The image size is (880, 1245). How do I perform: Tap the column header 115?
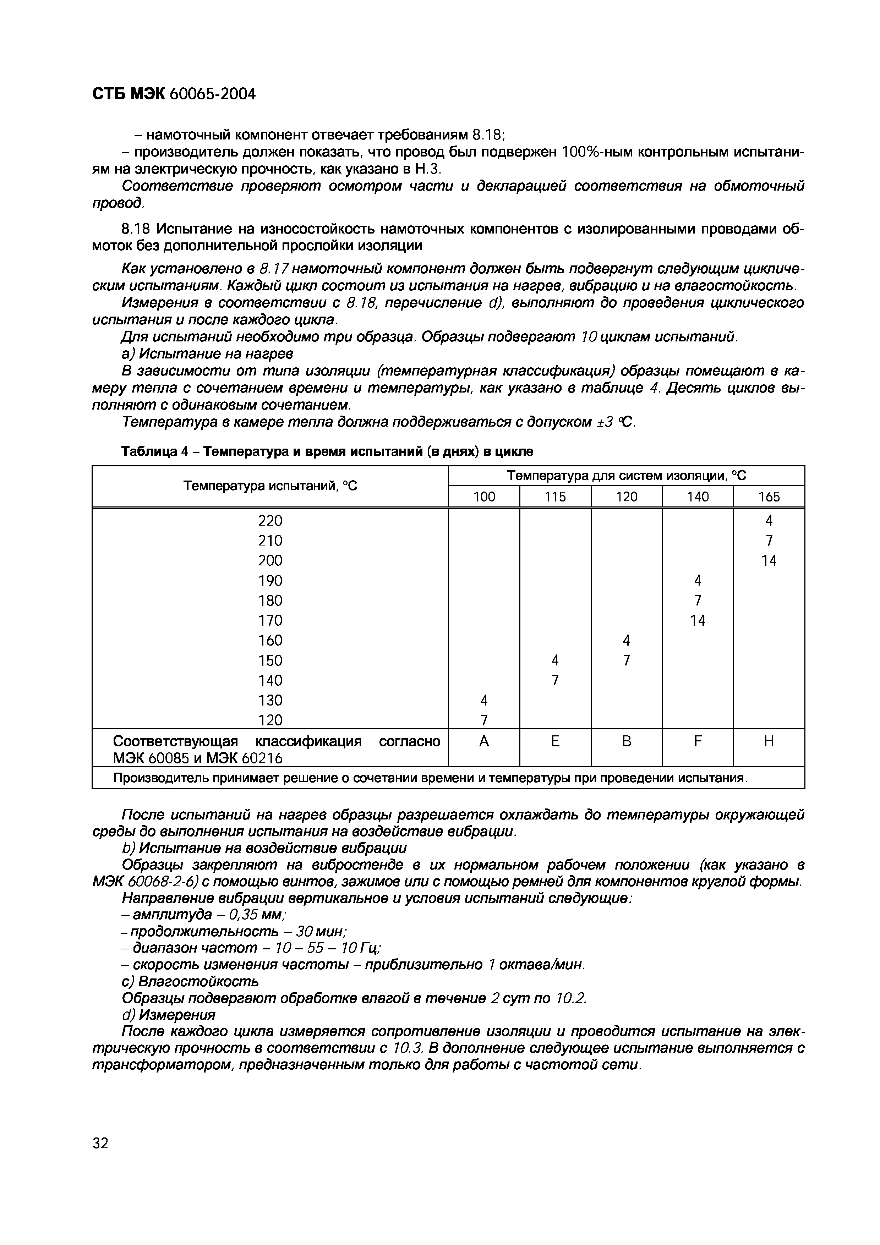[x=555, y=497]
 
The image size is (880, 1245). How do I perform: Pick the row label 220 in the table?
[x=270, y=521]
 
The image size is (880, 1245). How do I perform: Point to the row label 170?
[x=270, y=620]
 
